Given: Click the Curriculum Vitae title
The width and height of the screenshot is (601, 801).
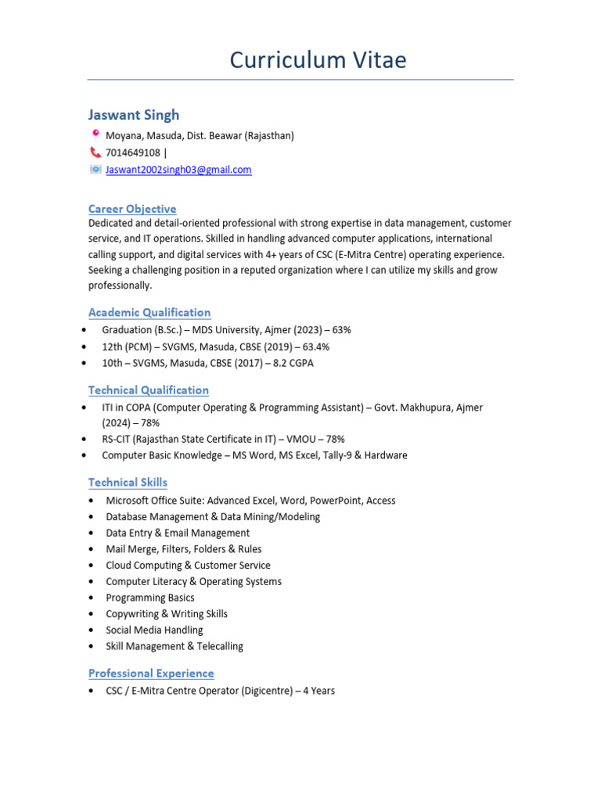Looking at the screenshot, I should pos(318,60).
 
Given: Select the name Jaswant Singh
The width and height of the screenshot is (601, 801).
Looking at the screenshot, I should pos(134,115).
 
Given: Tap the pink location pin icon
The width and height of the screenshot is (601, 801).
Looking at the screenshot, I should pos(95,135).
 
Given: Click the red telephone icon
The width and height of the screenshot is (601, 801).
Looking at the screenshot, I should pos(95,153).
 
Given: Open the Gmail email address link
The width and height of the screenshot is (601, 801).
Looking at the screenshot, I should pos(178,170).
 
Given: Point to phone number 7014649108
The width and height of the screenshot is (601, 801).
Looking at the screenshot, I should pos(133,153).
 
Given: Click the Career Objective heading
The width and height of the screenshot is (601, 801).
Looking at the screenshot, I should pos(132,209).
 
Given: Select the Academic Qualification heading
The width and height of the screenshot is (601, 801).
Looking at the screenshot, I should pos(149,312).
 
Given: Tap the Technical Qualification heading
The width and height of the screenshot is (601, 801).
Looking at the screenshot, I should pos(149,390).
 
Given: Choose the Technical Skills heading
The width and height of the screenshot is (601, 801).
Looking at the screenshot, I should pos(128,482).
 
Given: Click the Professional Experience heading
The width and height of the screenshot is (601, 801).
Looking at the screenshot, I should pos(151,673).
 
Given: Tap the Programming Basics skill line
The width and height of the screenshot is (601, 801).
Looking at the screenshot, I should pos(150,598).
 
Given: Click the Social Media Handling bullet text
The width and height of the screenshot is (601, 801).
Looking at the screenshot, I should pos(154,630).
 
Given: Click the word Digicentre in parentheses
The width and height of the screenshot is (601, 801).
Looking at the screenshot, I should pos(268,691).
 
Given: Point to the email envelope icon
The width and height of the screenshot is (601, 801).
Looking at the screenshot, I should pos(95,170).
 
